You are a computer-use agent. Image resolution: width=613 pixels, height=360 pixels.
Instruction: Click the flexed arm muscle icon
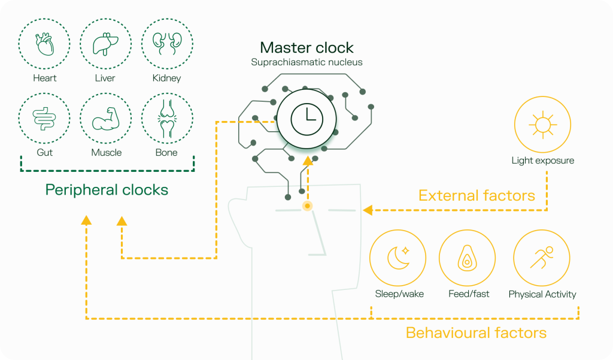[105, 119]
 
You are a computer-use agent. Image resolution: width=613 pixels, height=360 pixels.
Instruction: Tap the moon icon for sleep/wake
[398, 258]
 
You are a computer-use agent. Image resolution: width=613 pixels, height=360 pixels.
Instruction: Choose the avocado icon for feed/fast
[467, 258]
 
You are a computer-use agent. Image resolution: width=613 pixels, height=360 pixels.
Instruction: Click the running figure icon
[542, 258]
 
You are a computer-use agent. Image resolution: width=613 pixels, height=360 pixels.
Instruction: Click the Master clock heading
[306, 47]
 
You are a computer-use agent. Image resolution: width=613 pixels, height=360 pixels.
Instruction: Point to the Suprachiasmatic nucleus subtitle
[306, 62]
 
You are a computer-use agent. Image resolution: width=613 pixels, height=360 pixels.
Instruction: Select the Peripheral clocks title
[107, 190]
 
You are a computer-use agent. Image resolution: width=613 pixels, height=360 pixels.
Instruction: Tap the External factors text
[477, 195]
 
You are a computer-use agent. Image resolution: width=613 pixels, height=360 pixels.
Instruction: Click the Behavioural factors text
[476, 333]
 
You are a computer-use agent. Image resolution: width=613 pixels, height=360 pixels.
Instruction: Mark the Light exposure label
[542, 161]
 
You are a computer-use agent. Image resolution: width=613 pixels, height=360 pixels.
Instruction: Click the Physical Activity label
[542, 294]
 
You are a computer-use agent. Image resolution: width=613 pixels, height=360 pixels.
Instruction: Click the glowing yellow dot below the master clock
[307, 206]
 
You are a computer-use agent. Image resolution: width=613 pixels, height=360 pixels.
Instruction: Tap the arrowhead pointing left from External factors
[368, 210]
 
